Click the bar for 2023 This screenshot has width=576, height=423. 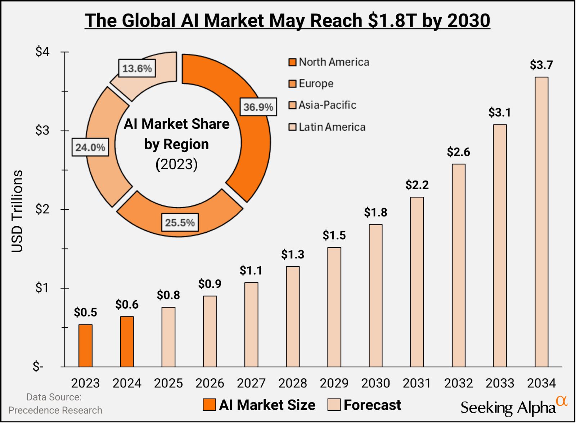point(85,346)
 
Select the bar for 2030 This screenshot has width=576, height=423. point(375,296)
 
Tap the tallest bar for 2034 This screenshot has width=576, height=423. point(541,222)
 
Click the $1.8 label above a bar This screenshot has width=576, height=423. point(375,213)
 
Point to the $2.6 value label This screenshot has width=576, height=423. point(458,152)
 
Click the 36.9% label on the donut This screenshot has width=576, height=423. point(258,107)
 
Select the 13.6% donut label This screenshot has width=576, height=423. point(137,68)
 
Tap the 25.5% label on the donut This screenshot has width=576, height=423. point(180,223)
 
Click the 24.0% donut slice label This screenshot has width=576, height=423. point(90,147)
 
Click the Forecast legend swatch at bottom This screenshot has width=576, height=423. point(334,405)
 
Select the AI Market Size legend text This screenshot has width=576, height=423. point(267,405)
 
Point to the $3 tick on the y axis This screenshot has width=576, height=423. point(42,131)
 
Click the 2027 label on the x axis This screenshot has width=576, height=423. point(251,383)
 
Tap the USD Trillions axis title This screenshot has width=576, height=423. point(17,211)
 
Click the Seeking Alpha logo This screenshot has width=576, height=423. point(513,406)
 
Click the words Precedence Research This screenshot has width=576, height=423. point(55,410)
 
